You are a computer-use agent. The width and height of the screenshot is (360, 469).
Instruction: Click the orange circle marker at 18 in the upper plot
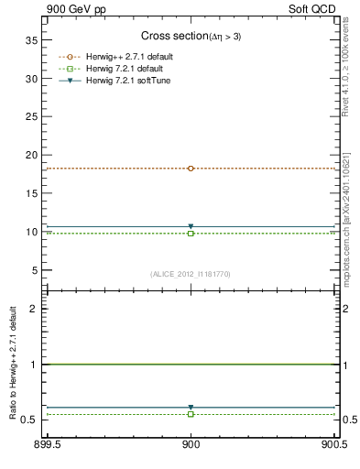coord(191,169)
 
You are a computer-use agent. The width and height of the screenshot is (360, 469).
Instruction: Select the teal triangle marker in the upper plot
coord(191,226)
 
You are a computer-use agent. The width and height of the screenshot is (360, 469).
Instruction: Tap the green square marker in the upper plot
coord(191,234)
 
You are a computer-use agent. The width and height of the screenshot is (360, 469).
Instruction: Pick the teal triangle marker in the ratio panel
coord(191,407)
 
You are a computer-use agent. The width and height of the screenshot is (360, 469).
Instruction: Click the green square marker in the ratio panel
coord(191,414)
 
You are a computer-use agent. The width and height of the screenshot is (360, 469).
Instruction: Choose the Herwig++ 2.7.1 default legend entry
coord(127,57)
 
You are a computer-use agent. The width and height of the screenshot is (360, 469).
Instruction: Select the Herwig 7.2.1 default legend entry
coord(124,69)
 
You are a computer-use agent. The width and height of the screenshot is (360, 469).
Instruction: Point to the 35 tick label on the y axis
coord(30,40)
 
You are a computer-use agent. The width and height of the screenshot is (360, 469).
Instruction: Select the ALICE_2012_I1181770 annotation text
coord(190,274)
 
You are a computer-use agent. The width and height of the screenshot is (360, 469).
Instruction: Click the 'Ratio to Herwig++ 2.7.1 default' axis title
coord(12,364)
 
